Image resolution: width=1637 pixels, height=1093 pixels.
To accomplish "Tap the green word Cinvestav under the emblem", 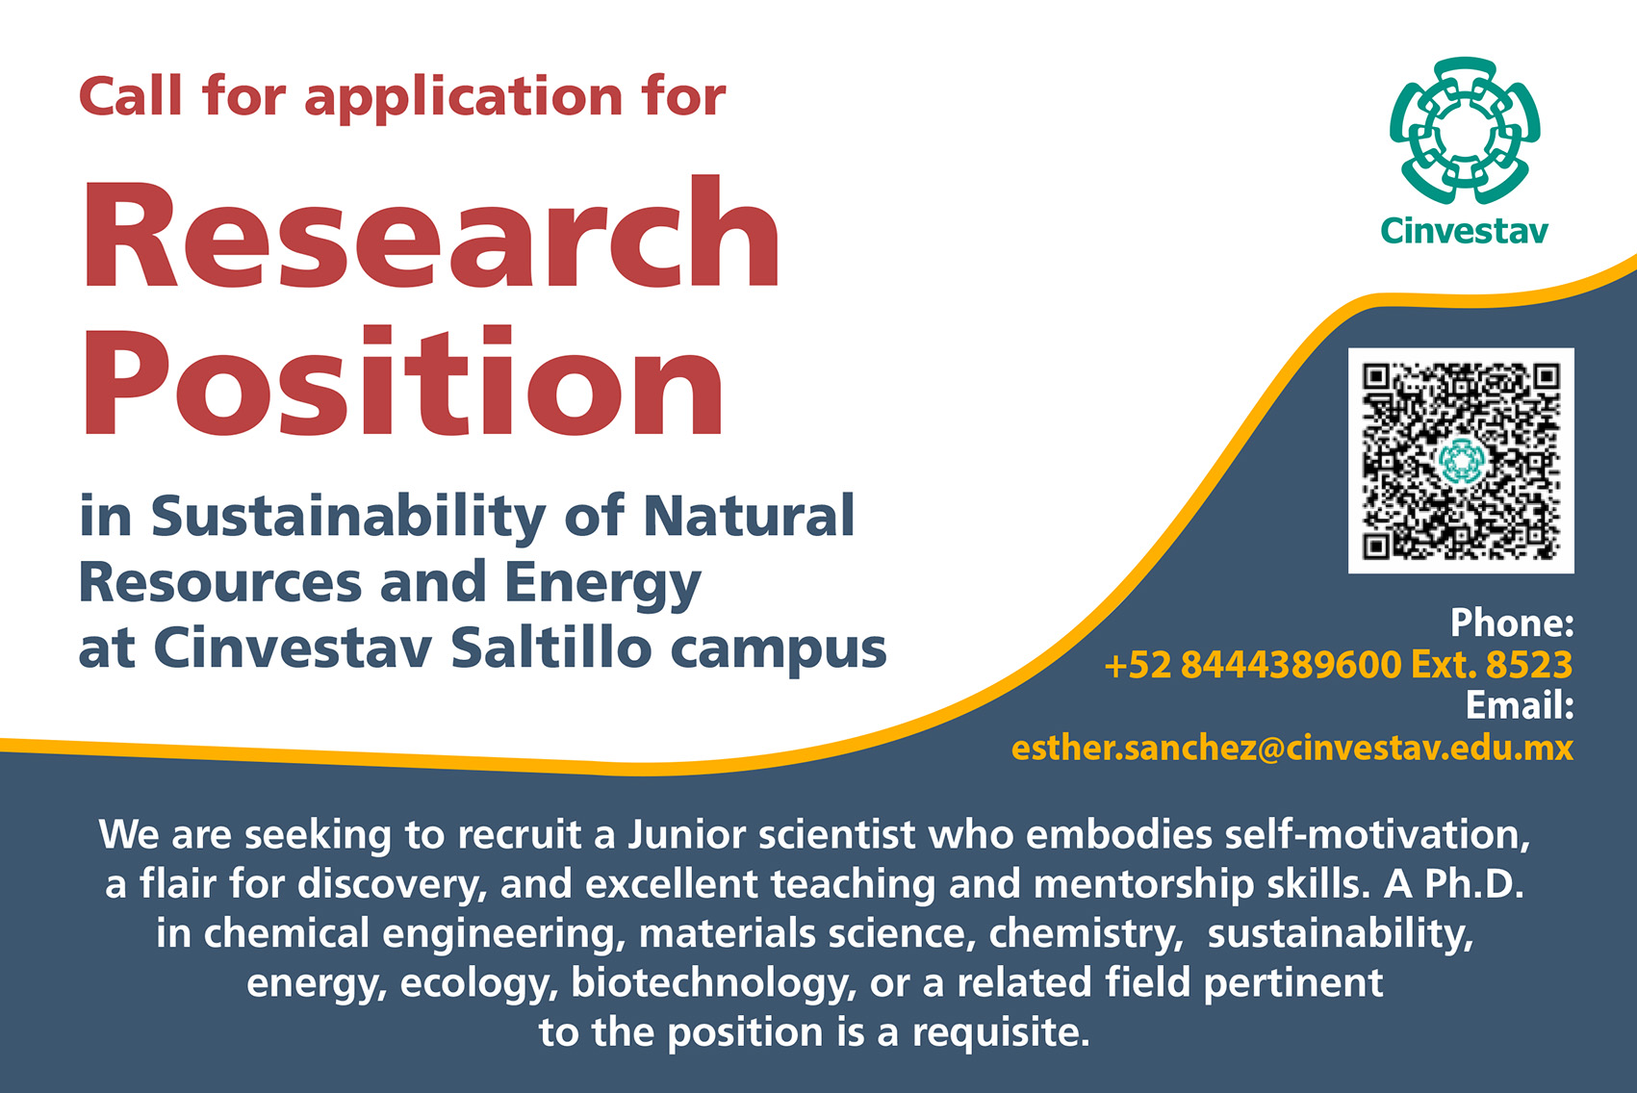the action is (1465, 231).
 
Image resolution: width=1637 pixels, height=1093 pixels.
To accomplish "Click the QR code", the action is (1461, 460).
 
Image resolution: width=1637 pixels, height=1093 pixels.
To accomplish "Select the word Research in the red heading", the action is (431, 233).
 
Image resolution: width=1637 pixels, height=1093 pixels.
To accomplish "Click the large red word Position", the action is (402, 381).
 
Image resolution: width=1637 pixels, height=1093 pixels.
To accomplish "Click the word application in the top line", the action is (463, 99).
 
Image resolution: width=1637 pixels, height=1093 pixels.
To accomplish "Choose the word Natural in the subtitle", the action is (749, 515).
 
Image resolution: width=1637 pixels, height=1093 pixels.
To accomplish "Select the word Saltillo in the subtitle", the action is (551, 648).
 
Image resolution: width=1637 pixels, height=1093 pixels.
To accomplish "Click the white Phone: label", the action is (1512, 623).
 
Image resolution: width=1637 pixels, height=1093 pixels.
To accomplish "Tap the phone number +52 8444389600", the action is (1253, 665).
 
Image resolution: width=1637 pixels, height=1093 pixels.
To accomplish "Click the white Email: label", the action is (1521, 706).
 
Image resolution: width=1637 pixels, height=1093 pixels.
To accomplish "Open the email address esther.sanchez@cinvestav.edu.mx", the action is (1292, 748).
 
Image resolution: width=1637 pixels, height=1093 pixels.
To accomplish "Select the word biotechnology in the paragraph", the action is (714, 984).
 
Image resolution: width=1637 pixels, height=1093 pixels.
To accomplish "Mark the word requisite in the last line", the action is (1001, 1033).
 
